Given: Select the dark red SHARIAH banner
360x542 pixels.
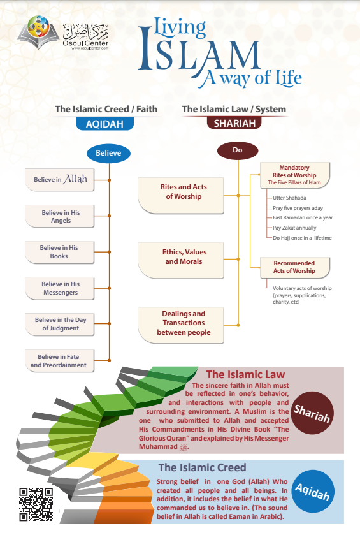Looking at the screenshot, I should coord(234,124).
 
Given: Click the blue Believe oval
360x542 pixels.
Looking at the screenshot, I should coord(108,153).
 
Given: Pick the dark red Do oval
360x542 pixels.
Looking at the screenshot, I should coord(238,150).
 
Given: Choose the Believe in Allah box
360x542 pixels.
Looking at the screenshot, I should coord(60,180).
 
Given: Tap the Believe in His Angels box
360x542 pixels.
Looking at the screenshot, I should coord(60,216).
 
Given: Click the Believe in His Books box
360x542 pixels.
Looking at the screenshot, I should coord(60,252).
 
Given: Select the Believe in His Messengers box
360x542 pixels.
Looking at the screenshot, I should coord(60,288).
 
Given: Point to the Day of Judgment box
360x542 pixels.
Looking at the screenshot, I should coord(60,324).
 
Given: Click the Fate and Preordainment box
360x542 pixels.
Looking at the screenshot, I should coord(60,360).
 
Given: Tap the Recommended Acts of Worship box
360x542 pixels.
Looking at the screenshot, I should coord(294,267).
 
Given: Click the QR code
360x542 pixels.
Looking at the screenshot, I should coord(36,504).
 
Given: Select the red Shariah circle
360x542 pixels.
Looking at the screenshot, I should coord(312,411).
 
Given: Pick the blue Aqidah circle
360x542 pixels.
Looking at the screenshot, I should coord(312,491).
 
